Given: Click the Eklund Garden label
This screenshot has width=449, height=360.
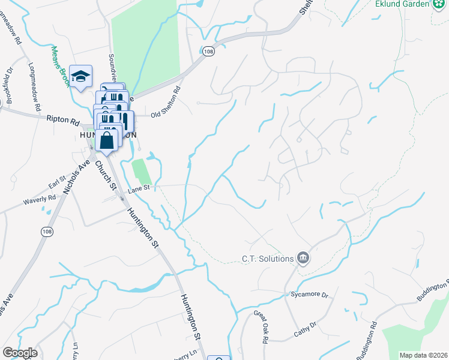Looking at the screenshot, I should (x=400, y=4).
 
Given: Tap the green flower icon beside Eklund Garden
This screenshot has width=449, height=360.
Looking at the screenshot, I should (x=439, y=4).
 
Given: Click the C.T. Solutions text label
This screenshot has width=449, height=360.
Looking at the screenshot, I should (x=267, y=259).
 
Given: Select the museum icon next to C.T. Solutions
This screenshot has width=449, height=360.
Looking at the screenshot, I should (x=303, y=259).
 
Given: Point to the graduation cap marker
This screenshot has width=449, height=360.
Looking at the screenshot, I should (x=80, y=76).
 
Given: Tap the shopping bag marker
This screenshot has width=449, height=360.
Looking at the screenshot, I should (x=107, y=142).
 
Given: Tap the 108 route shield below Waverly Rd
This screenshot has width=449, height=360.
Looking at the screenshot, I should (x=47, y=230).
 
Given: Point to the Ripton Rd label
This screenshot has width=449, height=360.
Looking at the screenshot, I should (x=63, y=120).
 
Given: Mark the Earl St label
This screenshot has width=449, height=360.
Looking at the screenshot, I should (x=56, y=181).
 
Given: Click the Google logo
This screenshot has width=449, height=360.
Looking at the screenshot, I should (x=20, y=352).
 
